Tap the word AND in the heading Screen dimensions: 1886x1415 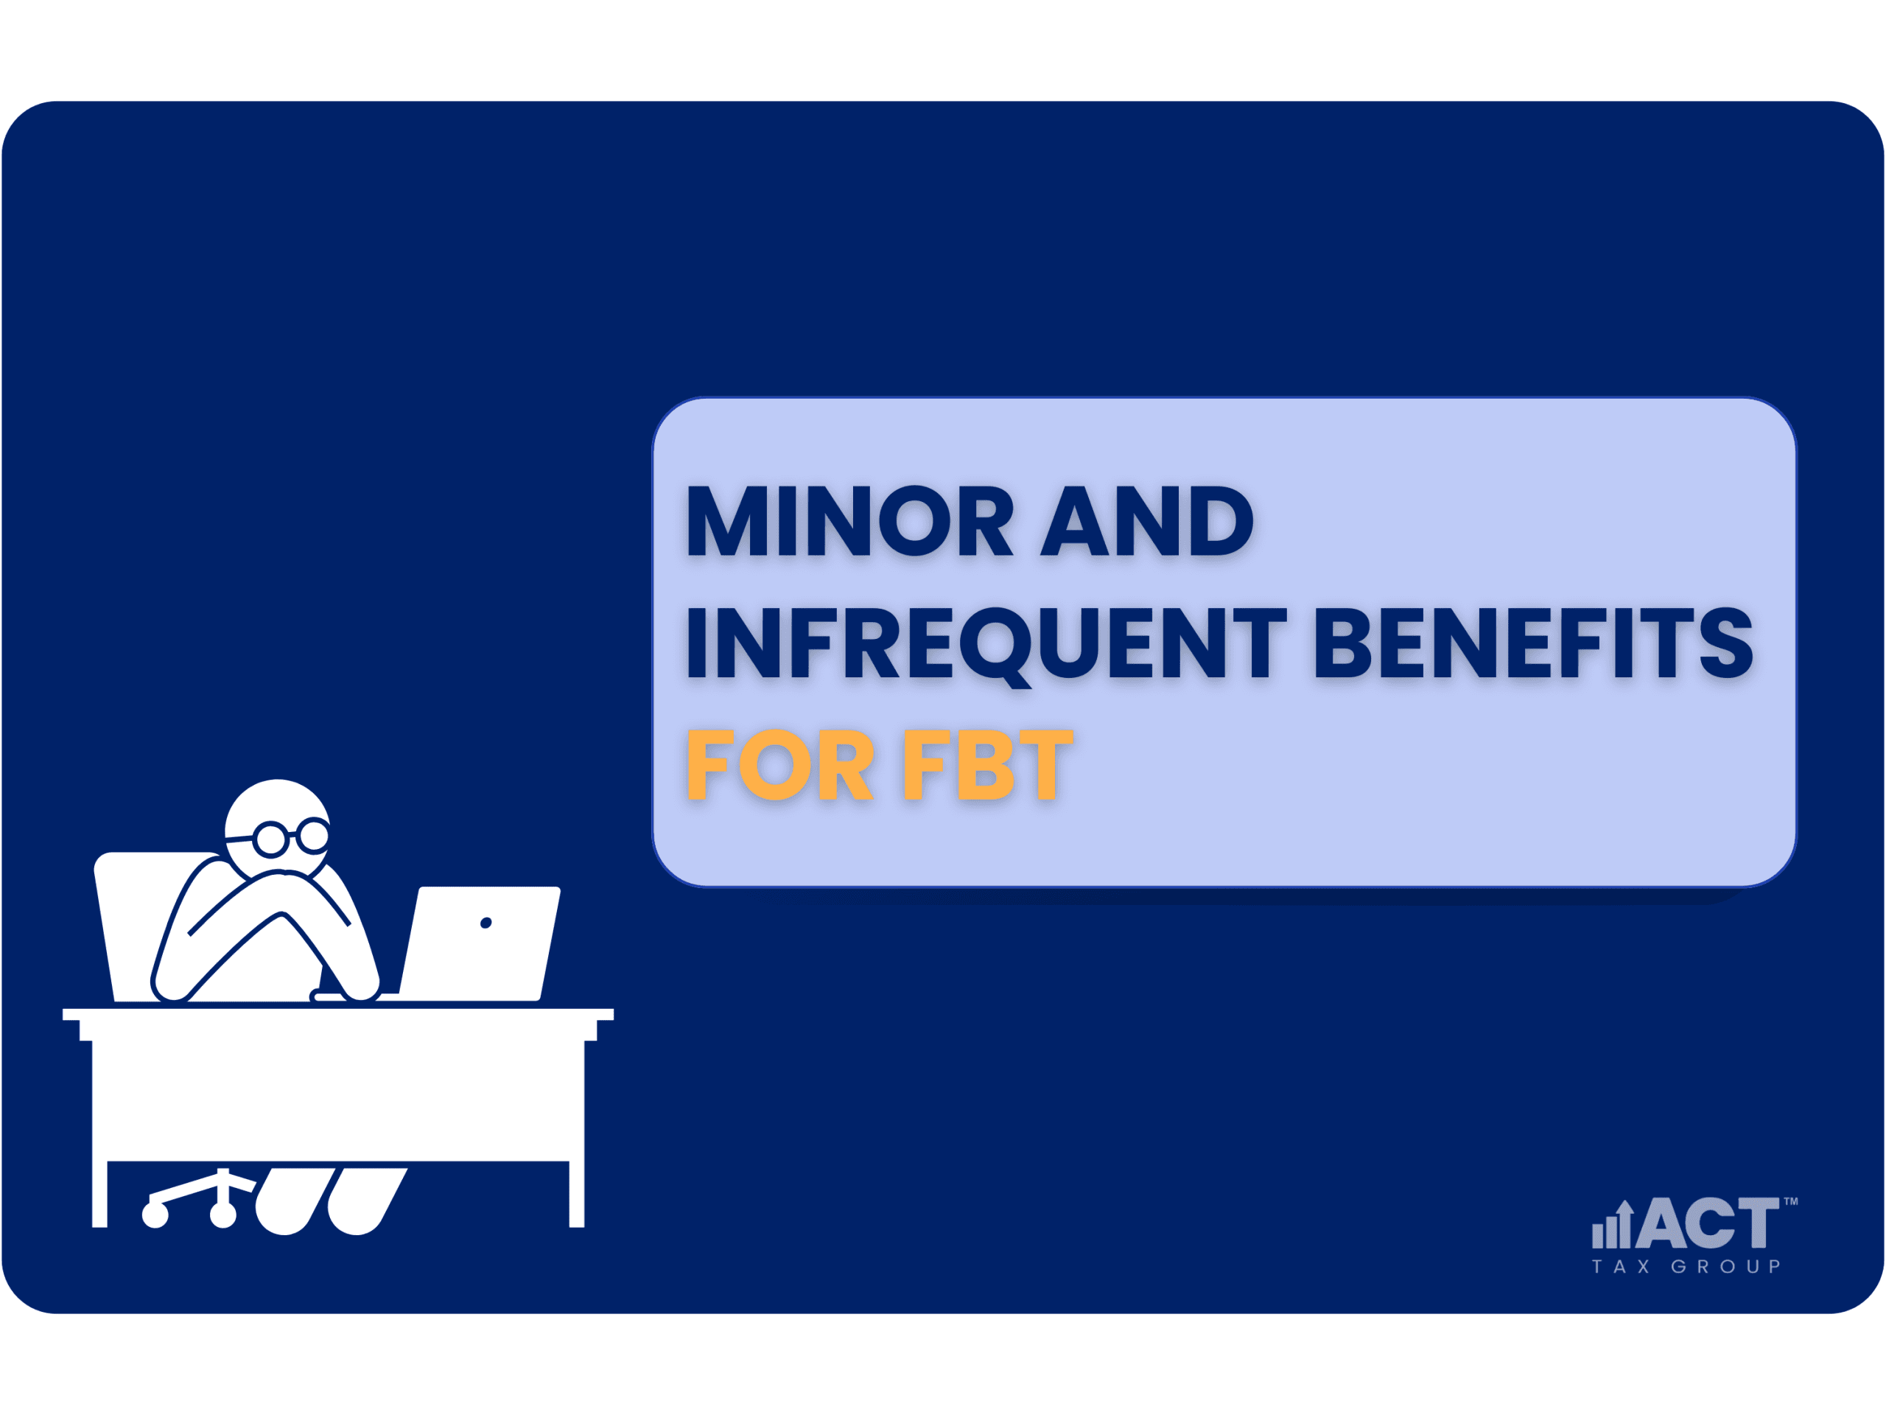pyautogui.click(x=1148, y=520)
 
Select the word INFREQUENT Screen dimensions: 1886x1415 pyautogui.click(x=987, y=646)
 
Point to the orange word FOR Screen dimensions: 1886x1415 pyautogui.click(x=780, y=765)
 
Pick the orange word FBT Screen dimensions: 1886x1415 pyautogui.click(x=988, y=765)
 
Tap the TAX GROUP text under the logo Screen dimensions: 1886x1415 pyautogui.click(x=1686, y=1268)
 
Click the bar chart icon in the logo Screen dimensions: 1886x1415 pyautogui.click(x=1612, y=1224)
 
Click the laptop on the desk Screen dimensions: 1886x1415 pyautogui.click(x=479, y=943)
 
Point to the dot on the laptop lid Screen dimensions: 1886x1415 pyautogui.click(x=486, y=923)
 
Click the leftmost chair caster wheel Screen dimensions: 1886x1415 pyautogui.click(x=155, y=1215)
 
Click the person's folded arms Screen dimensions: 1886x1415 pyautogui.click(x=266, y=934)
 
